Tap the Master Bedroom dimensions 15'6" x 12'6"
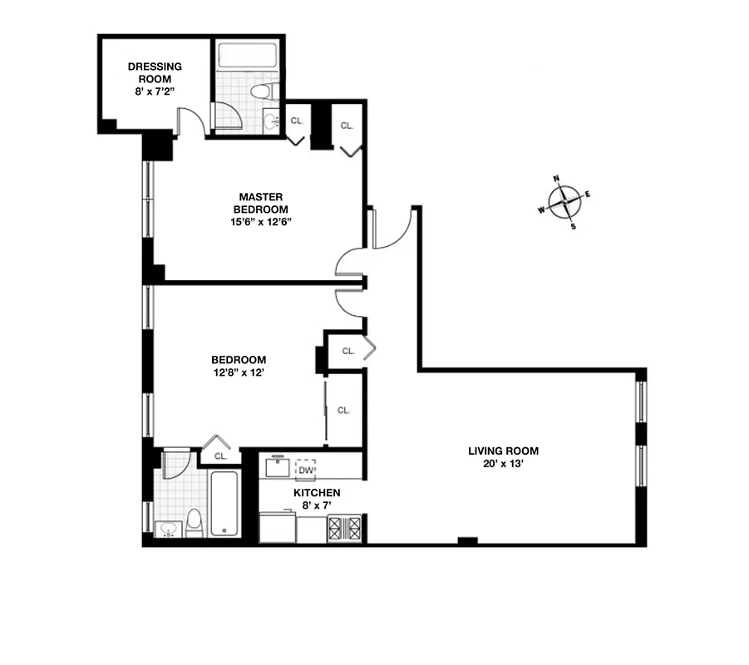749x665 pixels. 262,221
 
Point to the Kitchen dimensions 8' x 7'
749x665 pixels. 317,505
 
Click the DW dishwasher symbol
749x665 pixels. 306,470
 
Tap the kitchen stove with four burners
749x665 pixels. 344,529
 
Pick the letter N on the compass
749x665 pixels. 557,179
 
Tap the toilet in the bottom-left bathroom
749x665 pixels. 194,523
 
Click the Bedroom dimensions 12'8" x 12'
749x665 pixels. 238,372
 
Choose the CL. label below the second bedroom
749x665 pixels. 220,456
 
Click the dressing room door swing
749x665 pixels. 191,121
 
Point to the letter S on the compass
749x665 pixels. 573,225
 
